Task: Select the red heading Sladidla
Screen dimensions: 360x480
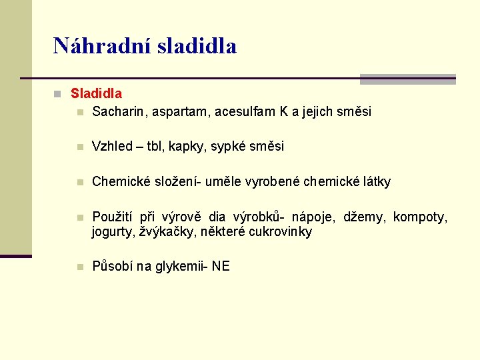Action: click(x=96, y=94)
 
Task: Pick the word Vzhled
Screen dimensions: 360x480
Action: click(x=112, y=147)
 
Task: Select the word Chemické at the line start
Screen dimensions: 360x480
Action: click(x=119, y=181)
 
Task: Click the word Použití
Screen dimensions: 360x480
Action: click(x=114, y=217)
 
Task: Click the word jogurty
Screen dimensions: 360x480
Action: click(x=113, y=233)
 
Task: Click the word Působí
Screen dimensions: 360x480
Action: click(x=113, y=267)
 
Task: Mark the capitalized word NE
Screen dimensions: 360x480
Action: click(x=221, y=267)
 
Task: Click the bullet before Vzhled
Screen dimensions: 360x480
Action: click(x=79, y=147)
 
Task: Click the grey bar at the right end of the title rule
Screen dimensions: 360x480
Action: click(x=407, y=79)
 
